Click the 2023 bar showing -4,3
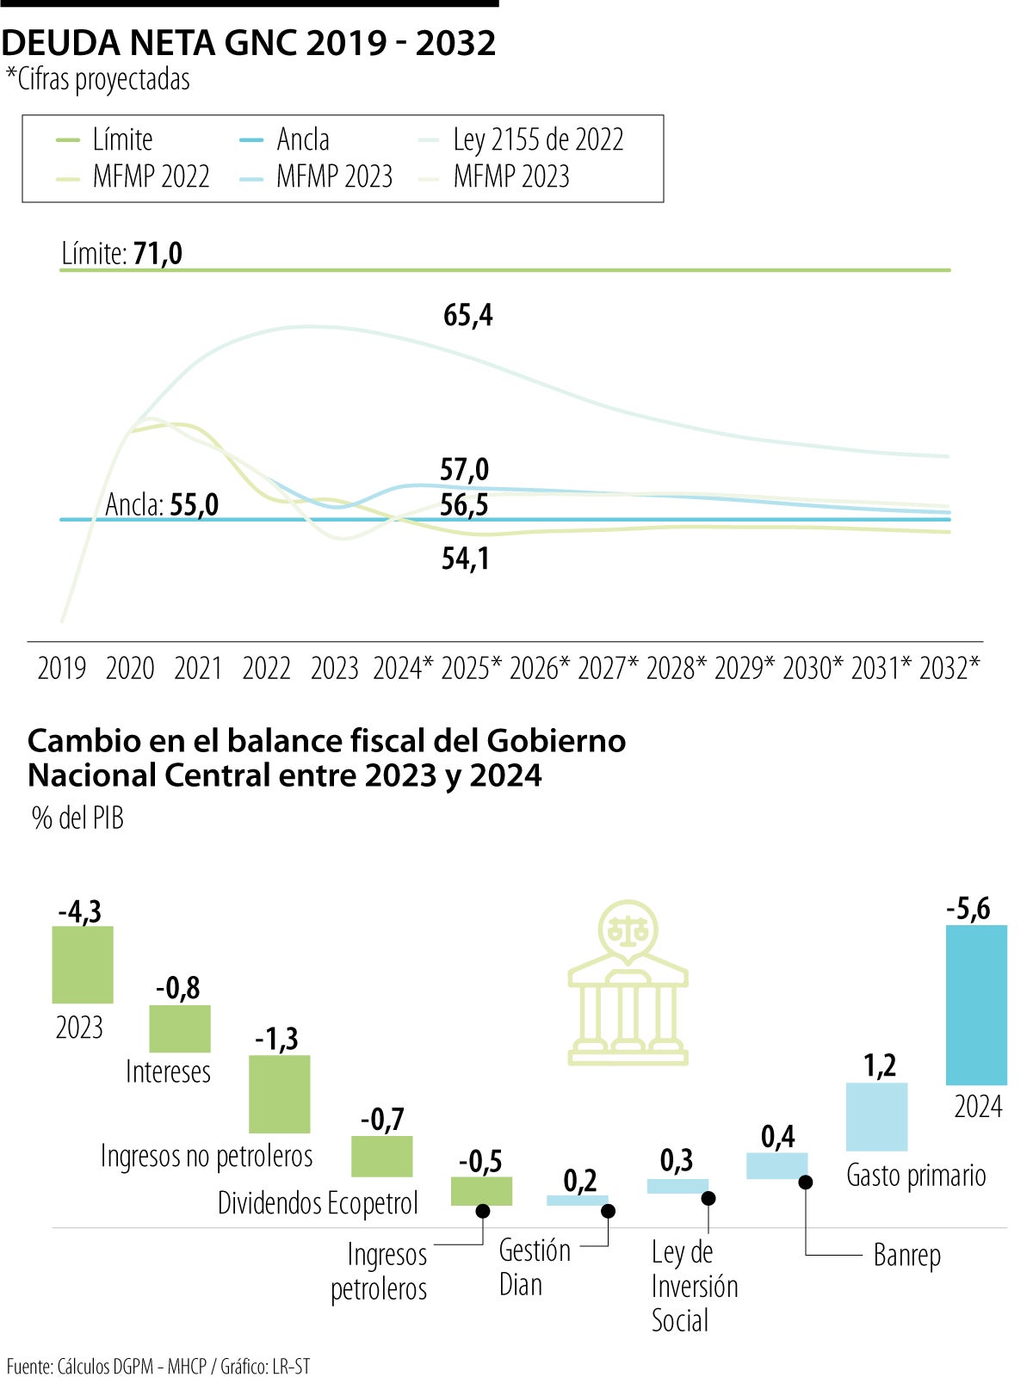tap(83, 964)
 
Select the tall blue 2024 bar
tap(976, 1004)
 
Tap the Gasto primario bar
tap(876, 1116)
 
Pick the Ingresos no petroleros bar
tap(279, 1094)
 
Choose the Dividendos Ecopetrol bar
tap(381, 1156)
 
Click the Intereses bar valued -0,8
tap(180, 1028)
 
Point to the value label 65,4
tap(467, 316)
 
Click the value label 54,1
tap(465, 559)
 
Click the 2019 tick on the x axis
tap(62, 668)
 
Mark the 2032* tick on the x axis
tap(949, 668)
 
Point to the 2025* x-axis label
tap(471, 668)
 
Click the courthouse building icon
tap(628, 983)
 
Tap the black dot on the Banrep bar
tap(805, 1182)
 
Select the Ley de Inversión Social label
tap(694, 1286)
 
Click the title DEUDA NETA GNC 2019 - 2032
tap(249, 42)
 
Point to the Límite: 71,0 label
tap(121, 254)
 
